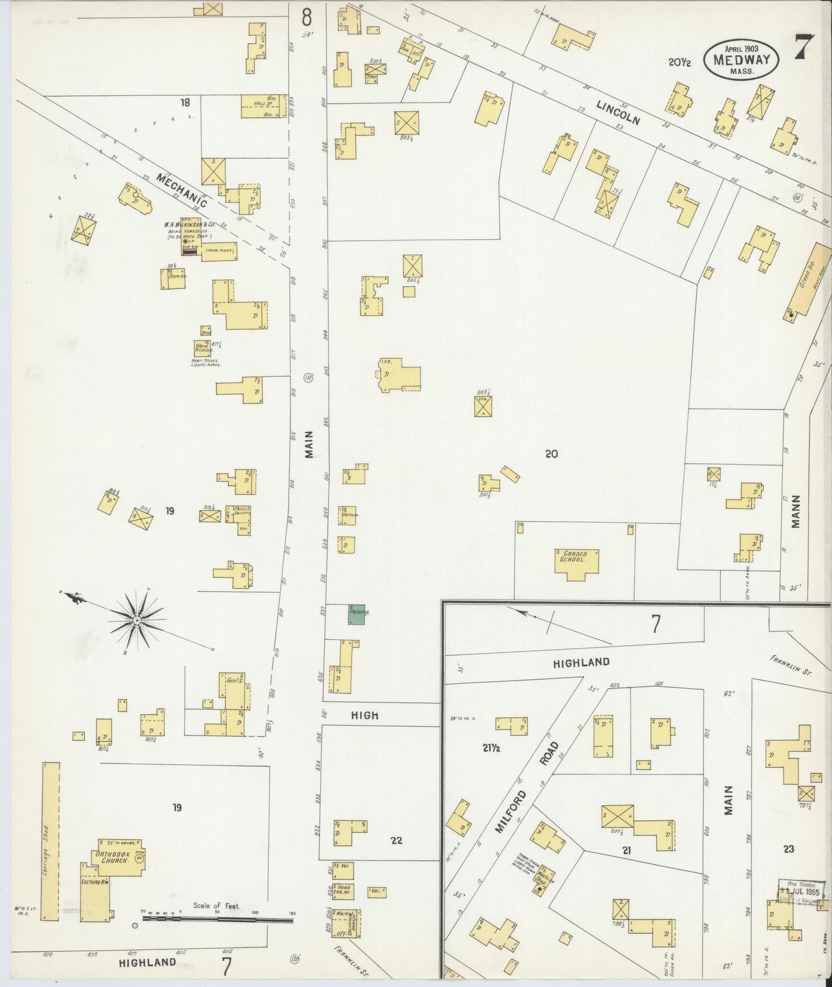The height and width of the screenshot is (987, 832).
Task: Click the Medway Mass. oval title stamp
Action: pos(740,59)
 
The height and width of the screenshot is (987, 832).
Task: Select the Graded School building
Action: pos(576,560)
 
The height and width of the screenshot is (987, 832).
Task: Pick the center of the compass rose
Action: pos(137,620)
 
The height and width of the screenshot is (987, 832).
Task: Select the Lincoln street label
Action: pos(618,113)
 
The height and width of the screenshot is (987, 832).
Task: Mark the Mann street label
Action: pos(796,511)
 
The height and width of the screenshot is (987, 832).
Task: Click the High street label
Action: pos(365,715)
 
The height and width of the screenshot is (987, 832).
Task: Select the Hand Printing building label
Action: pos(203,347)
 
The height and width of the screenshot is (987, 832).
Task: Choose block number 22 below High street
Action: pos(396,840)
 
